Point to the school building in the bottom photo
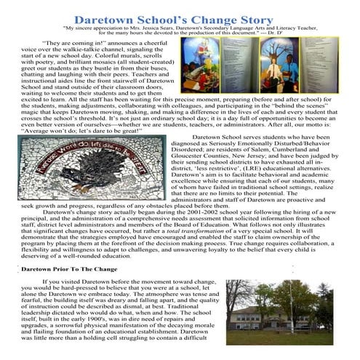(x=324, y=320)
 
